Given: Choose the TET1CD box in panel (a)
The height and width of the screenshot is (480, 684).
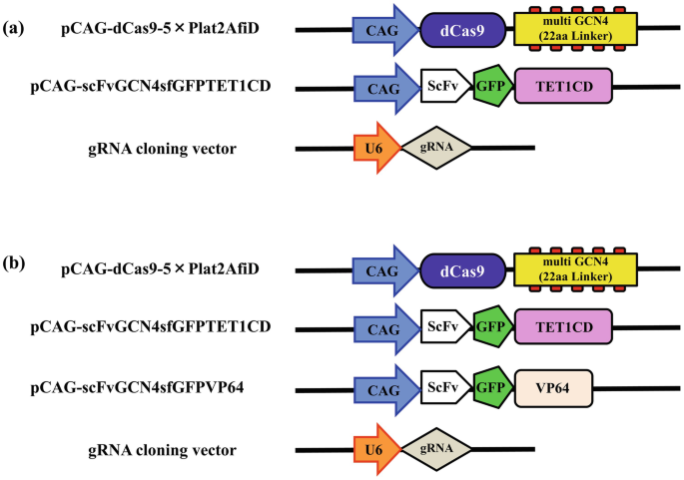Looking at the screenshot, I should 563,89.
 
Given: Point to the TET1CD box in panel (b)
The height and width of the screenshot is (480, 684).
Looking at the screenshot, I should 563,326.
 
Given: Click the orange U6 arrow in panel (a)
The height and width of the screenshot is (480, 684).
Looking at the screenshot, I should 376,149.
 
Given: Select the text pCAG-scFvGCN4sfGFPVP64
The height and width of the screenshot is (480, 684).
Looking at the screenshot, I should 149,388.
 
